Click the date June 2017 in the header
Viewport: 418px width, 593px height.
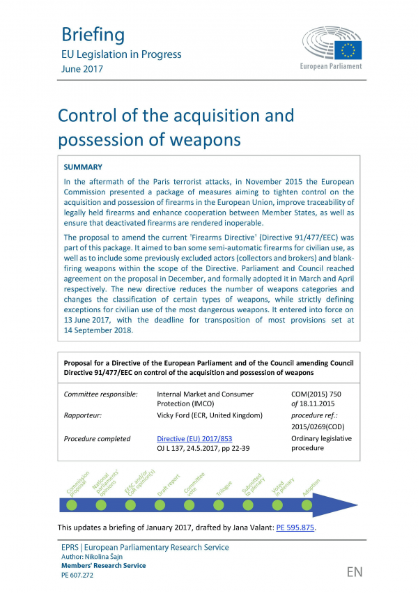(82, 69)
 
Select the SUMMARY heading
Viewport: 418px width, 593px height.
(83, 167)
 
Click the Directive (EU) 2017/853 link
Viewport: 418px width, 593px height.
(194, 439)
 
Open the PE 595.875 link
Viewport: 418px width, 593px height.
(295, 527)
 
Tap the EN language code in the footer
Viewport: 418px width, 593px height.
(354, 573)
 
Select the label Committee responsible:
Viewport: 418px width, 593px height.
(101, 394)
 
